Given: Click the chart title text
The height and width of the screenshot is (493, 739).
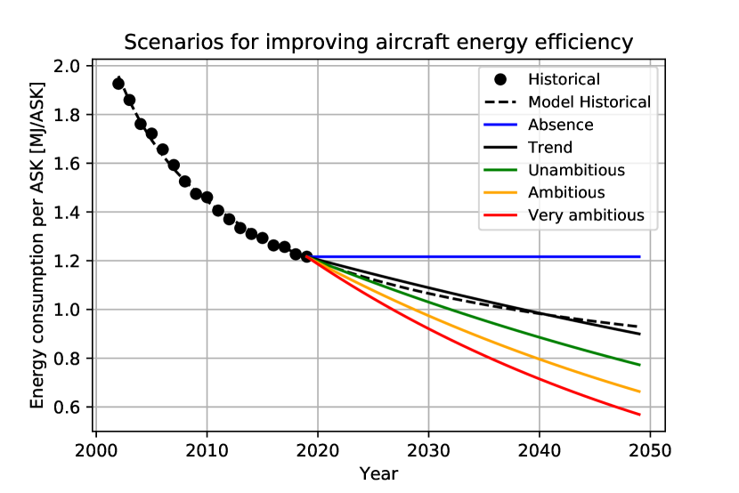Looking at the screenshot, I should click(x=378, y=42).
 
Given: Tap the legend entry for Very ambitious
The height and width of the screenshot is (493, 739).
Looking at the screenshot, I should click(x=585, y=215).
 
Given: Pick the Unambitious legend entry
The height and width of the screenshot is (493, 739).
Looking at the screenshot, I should click(x=576, y=170).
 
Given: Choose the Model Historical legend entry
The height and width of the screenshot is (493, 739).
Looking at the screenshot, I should click(x=589, y=102).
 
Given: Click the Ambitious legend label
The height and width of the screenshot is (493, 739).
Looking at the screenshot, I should click(x=566, y=192).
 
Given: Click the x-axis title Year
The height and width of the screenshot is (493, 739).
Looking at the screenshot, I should click(x=378, y=473).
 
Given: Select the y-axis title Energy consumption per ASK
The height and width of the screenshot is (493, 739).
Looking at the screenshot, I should click(x=37, y=243).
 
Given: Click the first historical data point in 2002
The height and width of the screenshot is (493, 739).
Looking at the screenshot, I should click(x=118, y=84).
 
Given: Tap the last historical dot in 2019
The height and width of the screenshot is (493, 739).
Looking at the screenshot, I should click(x=306, y=256).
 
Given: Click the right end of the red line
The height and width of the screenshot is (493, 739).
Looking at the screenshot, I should click(x=640, y=415).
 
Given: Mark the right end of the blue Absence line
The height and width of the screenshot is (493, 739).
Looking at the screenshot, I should click(x=640, y=256).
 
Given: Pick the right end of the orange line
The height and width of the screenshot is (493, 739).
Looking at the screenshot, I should click(x=640, y=392).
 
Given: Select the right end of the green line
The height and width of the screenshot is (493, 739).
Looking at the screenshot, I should click(x=640, y=365).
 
